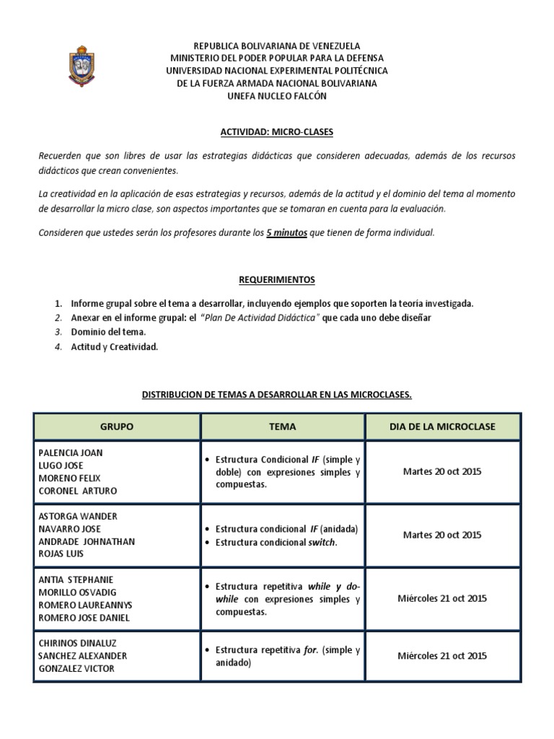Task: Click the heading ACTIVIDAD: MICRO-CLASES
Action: pos(277,132)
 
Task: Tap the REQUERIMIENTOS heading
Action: pos(277,279)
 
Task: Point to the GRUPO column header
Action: pos(116,427)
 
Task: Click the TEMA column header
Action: pos(282,427)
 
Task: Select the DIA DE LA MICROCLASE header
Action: pos(442,427)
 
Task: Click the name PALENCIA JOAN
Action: pos(71,452)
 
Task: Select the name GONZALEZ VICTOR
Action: pos(76,668)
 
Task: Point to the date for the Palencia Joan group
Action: pos(442,471)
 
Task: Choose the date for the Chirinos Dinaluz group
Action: pos(442,655)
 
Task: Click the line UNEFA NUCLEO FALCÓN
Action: pos(277,96)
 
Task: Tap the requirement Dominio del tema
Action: pos(108,332)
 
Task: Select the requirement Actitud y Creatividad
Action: pos(114,346)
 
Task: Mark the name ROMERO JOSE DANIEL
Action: pos(83,618)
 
